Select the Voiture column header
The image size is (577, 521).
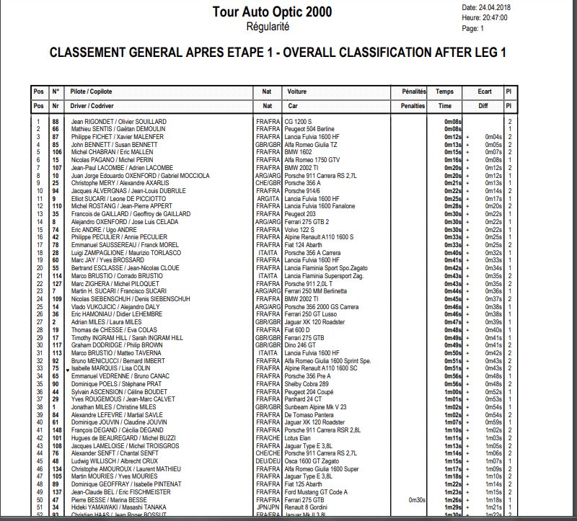click(297, 92)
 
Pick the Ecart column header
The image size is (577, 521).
click(485, 92)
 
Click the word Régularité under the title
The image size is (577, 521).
click(268, 27)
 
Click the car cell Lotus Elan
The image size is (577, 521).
click(299, 437)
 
